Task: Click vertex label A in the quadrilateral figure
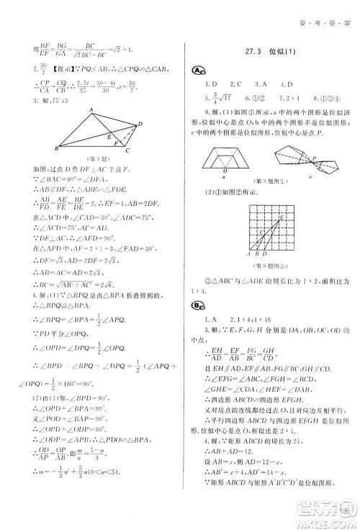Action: (91, 109)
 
